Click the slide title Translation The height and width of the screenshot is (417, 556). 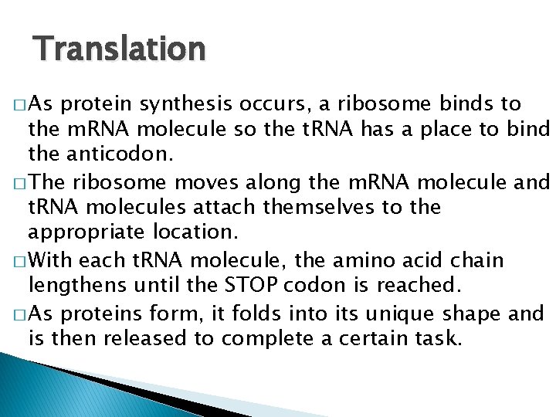click(120, 49)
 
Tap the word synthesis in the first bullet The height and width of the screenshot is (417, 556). click(197, 104)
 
